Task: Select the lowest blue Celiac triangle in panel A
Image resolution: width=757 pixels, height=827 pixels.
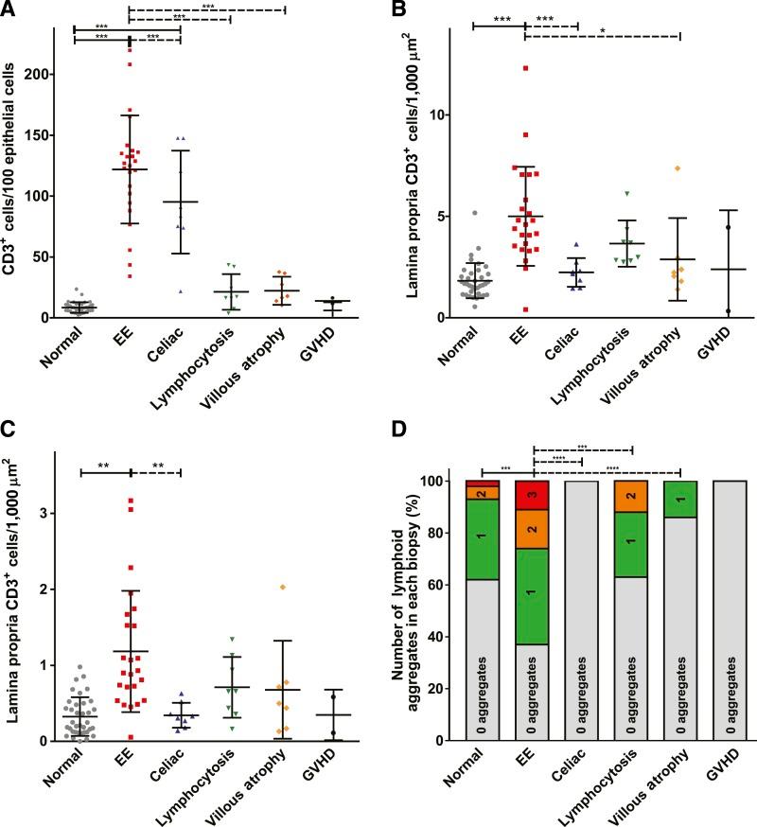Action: (x=180, y=290)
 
